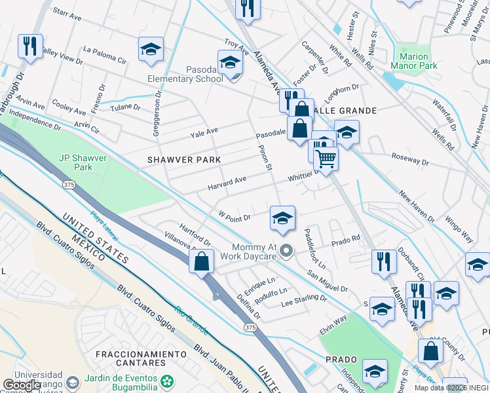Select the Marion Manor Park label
coord(413,61)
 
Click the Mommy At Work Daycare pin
coord(286,250)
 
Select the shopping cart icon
coord(326,158)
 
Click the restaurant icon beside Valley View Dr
coord(30,47)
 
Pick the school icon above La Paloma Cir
coord(151,49)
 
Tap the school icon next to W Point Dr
coord(282,218)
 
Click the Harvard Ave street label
coord(227,183)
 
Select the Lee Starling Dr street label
coord(303,300)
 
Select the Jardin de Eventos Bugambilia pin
coord(168,381)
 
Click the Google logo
coord(22,385)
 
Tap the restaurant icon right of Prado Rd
coord(383,261)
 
